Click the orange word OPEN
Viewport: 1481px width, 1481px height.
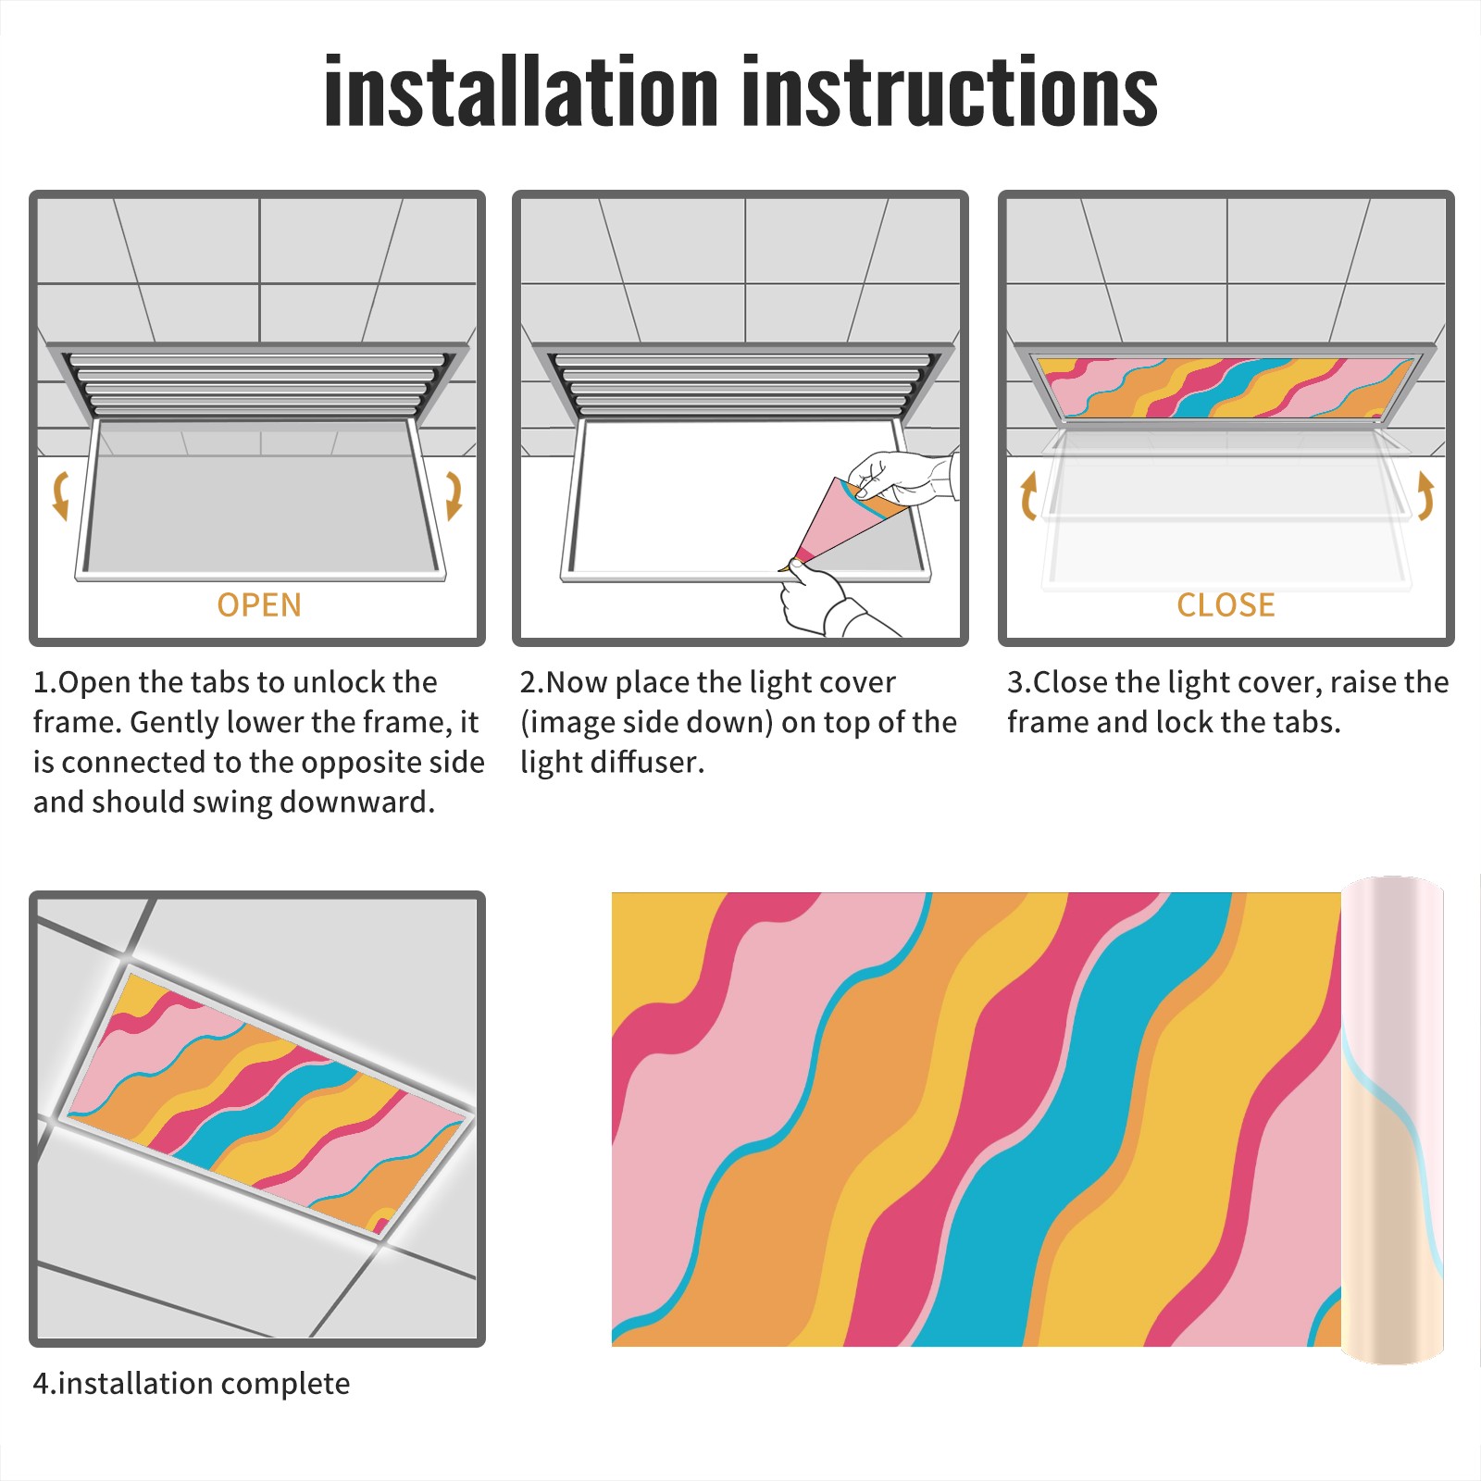[259, 604]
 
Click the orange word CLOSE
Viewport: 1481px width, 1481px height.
[1226, 604]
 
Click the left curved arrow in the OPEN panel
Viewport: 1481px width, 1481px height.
[60, 495]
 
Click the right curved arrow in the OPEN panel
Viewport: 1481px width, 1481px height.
[454, 495]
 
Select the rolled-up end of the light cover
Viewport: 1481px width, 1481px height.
[1392, 1120]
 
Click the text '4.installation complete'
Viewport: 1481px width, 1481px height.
[192, 1384]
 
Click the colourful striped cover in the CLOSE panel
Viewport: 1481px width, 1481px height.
[1226, 388]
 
